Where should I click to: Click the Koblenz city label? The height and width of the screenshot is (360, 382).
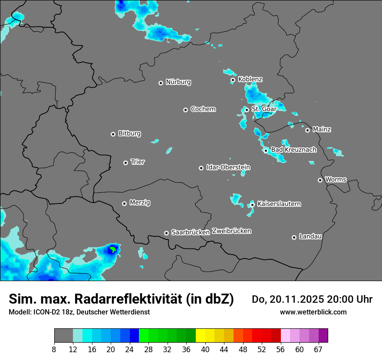[x=250, y=79]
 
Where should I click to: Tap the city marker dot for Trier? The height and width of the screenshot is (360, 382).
[x=126, y=163]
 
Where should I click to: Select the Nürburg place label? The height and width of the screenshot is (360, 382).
[x=178, y=82]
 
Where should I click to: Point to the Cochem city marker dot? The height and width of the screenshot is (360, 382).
[x=185, y=110]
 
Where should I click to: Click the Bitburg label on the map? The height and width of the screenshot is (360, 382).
[x=129, y=134]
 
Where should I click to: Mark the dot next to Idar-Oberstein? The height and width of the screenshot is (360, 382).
[x=201, y=168]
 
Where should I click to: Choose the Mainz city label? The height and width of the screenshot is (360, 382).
[x=322, y=129]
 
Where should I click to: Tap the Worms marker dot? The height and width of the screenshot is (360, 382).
[x=320, y=180]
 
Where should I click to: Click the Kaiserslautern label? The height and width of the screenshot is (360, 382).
[x=279, y=204]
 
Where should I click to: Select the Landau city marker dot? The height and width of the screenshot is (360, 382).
[x=294, y=237]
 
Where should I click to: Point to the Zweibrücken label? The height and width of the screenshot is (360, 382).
[x=231, y=231]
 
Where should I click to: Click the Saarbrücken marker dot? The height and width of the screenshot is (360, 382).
[x=166, y=233]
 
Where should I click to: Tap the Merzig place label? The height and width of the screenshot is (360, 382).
[x=140, y=203]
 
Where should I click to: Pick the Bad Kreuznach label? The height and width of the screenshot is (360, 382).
[x=293, y=150]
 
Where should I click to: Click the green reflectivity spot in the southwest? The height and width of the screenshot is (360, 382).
[x=113, y=249]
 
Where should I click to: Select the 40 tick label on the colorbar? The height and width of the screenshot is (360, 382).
[x=205, y=350]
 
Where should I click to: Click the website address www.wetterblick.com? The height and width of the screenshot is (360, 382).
[x=313, y=312]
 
